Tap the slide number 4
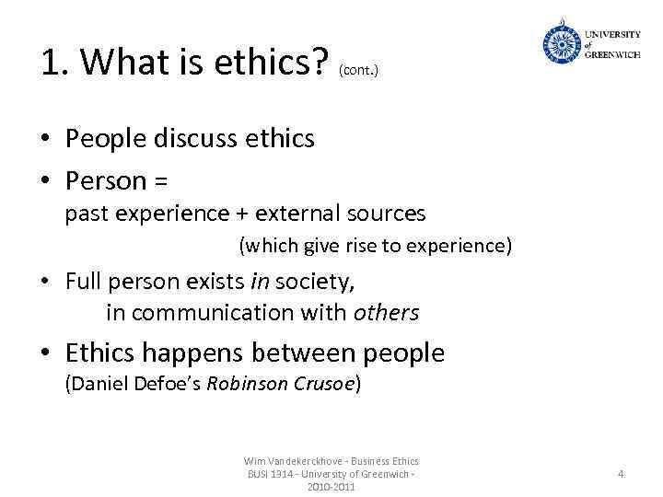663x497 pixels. (621, 474)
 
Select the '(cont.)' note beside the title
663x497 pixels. (358, 69)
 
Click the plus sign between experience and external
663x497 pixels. (242, 214)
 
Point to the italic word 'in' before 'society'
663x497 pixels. (260, 280)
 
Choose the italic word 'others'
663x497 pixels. (386, 313)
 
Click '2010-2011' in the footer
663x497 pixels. (331, 486)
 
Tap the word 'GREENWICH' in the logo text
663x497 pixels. (612, 53)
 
